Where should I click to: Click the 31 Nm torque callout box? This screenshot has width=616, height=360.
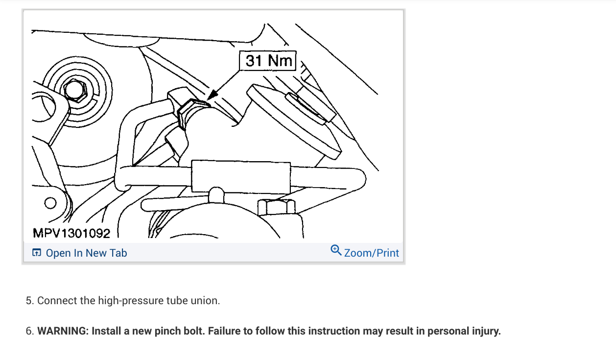tap(268, 61)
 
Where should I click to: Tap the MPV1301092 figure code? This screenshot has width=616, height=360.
tap(71, 233)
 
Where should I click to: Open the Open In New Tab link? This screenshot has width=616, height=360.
tap(86, 253)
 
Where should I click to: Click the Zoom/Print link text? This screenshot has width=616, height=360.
tap(372, 253)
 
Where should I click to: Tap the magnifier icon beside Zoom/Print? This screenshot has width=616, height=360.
tap(336, 250)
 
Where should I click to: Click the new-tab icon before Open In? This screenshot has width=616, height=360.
tap(36, 253)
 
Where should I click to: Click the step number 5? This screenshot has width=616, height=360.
tap(29, 301)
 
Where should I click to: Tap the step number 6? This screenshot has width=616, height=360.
tap(29, 331)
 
